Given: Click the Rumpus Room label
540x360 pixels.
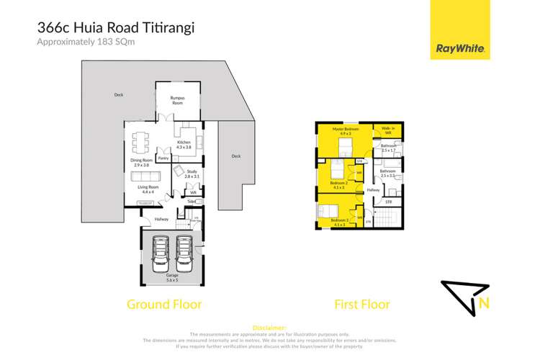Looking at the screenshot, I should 177,99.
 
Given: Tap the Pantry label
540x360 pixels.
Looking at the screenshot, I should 163,156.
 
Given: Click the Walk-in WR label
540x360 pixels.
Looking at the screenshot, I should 387,131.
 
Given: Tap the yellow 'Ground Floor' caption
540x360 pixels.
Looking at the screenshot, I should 164,305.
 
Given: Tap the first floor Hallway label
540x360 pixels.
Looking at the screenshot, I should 373,189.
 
